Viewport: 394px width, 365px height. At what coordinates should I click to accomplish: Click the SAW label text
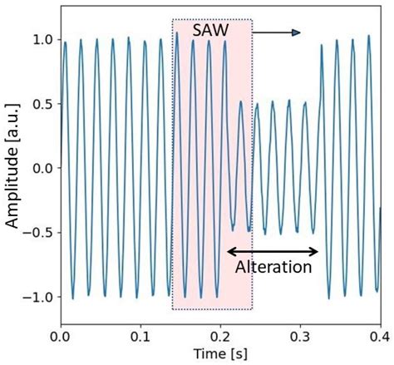click(212, 30)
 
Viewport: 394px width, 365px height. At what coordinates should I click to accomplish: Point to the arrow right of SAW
click(276, 32)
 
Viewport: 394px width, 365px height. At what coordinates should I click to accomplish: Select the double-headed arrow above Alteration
click(273, 251)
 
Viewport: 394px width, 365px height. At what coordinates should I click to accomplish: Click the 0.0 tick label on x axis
click(61, 338)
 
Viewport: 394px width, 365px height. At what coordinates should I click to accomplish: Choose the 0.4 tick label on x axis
click(379, 338)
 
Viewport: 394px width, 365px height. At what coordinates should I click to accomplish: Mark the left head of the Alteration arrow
click(229, 251)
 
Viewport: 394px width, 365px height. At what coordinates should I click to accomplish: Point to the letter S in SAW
click(198, 30)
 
